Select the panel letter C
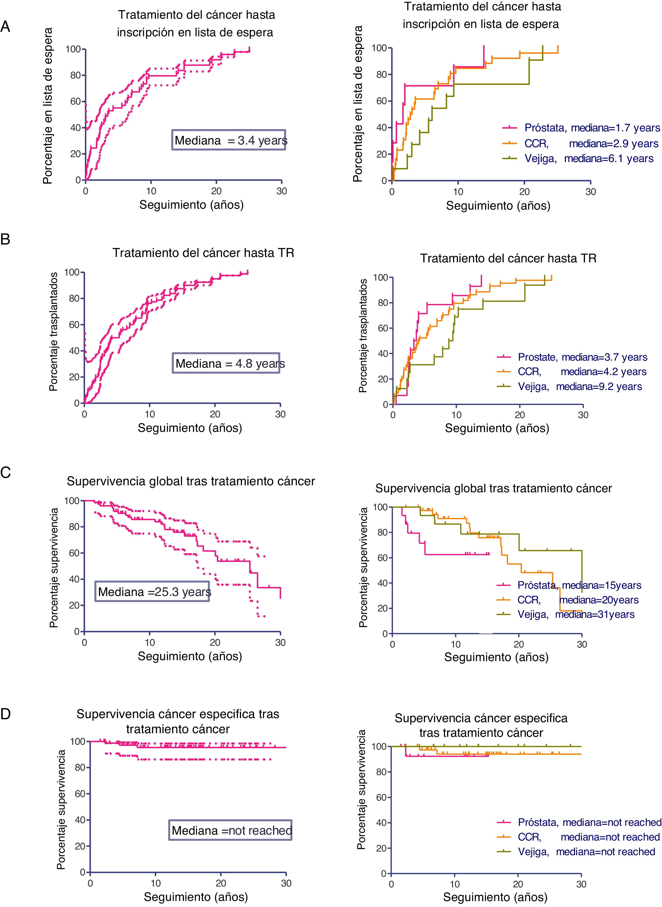click(x=6, y=473)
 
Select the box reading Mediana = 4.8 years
click(x=226, y=363)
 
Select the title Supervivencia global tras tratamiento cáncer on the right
click(x=493, y=488)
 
